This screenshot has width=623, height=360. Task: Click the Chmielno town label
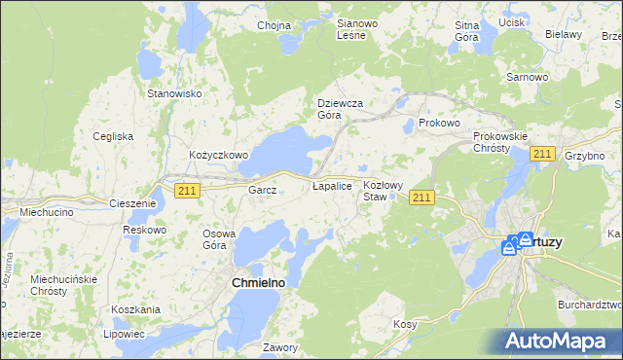[x=262, y=282]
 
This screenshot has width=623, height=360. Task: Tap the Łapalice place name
[x=331, y=185]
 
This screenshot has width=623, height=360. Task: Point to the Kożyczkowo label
[x=219, y=155]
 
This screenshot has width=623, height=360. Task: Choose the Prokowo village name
[x=438, y=124]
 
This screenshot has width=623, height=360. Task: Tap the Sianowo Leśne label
[x=350, y=29]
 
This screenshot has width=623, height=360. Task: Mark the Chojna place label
[x=275, y=26]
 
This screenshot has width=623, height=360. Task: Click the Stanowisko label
[x=173, y=93]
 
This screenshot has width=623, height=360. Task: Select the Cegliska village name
[x=113, y=136]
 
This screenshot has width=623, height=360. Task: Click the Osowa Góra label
[x=219, y=239]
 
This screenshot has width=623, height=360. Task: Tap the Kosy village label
[x=405, y=323]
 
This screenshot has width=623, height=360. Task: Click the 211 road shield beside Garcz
[x=188, y=191]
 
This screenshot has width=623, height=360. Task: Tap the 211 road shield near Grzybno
[x=542, y=155]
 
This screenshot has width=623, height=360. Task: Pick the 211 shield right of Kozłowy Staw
[x=421, y=198]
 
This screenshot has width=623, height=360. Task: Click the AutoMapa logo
[x=562, y=341]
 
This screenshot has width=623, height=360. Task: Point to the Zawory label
[x=279, y=346]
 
